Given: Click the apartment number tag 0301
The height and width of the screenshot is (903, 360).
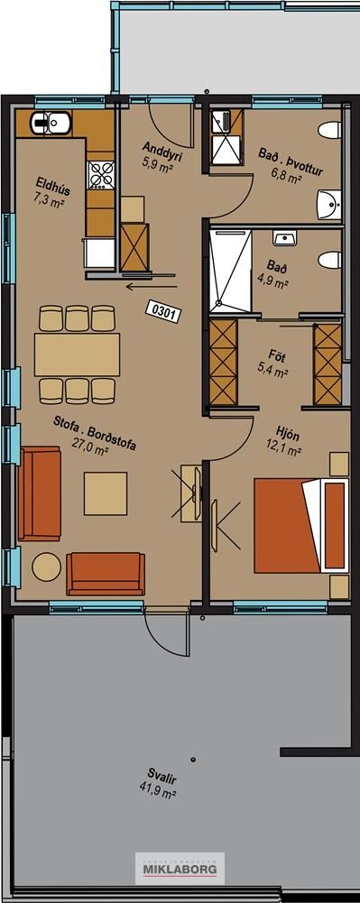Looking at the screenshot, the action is coord(164,311).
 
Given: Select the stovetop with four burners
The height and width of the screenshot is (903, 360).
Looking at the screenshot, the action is coord(100,175).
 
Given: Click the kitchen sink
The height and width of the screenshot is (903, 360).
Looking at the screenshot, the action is coord(51,122).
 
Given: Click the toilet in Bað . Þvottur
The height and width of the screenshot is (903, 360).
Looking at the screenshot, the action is coord(330,130).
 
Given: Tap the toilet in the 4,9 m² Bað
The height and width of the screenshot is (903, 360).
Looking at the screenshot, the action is coord(330,260).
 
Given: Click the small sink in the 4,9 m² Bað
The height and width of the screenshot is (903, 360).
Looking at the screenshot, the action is coord(282,238).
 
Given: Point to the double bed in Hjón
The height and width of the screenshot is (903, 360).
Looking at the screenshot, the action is coord(302,526).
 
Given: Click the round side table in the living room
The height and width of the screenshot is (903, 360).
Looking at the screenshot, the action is coord(46,567).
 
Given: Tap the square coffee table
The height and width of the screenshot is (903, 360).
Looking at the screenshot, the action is coord(106,493).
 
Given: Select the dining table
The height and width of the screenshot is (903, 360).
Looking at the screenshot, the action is coord(78,355).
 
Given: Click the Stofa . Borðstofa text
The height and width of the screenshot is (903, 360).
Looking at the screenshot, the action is coord(95,432).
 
